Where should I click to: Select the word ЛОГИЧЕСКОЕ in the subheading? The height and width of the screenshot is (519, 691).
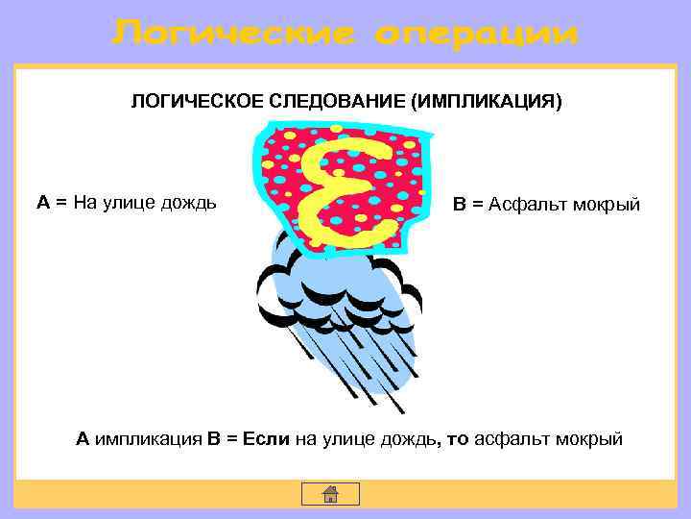click(x=193, y=101)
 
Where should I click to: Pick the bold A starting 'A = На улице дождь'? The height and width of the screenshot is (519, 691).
click(x=43, y=202)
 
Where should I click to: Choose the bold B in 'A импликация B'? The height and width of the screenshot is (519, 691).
click(x=213, y=439)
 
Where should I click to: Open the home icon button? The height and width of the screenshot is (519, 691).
click(x=330, y=494)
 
